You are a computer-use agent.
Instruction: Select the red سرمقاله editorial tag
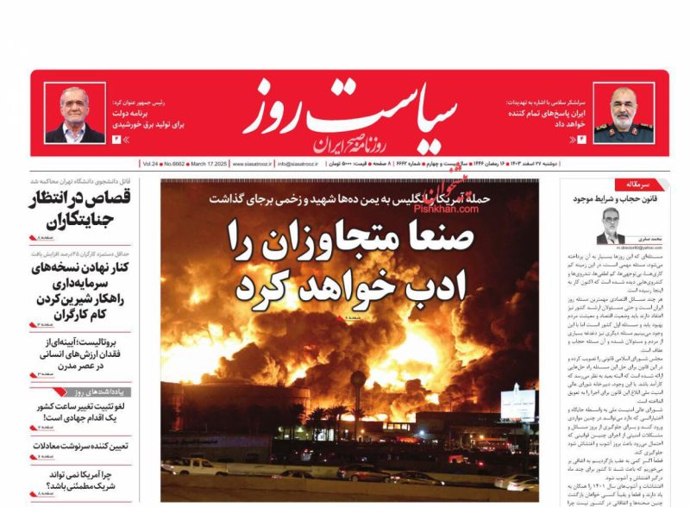pyautogui.click(x=637, y=184)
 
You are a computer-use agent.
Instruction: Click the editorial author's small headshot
pyautogui.click(x=611, y=226)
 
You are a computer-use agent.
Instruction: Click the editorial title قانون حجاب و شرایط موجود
pyautogui.click(x=609, y=199)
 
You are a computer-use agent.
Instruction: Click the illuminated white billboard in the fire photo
pyautogui.click(x=518, y=402)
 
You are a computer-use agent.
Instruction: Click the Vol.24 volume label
pyautogui.click(x=151, y=163)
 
